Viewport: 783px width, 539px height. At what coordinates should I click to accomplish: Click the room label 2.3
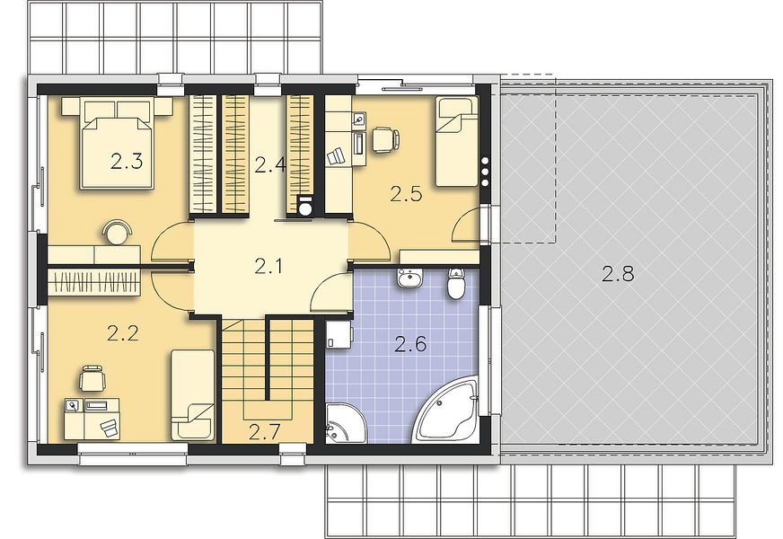click(127, 162)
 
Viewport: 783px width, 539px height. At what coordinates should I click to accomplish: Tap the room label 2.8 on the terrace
click(618, 274)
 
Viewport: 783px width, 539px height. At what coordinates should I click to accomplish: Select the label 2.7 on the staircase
click(264, 431)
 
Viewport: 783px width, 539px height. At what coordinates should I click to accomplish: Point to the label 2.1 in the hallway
click(268, 266)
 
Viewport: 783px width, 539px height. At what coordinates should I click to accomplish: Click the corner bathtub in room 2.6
click(448, 413)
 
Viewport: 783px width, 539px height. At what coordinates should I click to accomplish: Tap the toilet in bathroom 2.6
click(456, 284)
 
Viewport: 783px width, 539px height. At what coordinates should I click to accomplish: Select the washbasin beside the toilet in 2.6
click(410, 278)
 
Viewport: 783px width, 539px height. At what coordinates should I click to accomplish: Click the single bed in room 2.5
click(456, 142)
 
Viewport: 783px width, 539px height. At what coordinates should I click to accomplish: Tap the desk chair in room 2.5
click(384, 139)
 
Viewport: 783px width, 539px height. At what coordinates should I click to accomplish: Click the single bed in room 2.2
click(193, 394)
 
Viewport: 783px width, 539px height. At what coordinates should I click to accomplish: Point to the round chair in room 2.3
click(118, 233)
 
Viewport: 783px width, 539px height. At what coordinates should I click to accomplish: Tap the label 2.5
click(406, 194)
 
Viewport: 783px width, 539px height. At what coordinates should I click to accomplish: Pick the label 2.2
click(123, 333)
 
